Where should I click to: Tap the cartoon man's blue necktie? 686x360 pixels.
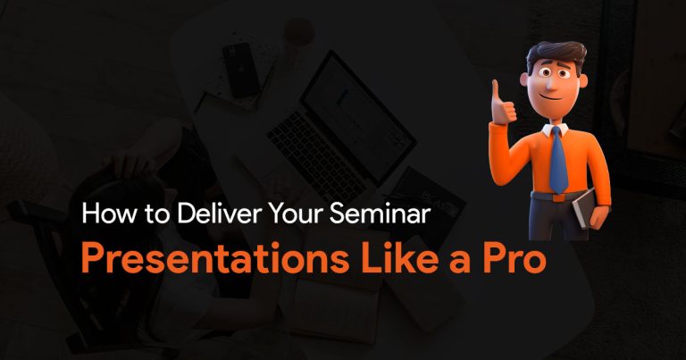click(x=558, y=160)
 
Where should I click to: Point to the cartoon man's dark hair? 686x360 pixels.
click(x=556, y=54)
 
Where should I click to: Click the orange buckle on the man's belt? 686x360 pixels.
click(x=558, y=197)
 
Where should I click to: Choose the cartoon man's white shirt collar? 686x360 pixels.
click(x=556, y=130)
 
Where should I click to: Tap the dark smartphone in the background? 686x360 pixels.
click(x=240, y=70)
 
